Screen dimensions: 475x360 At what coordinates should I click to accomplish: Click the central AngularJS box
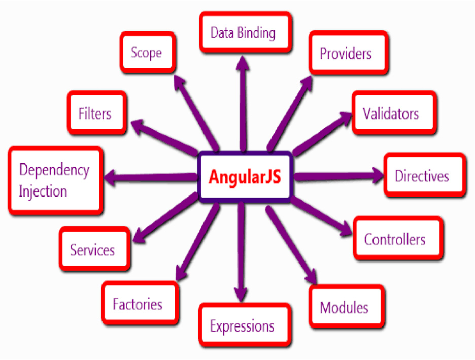pyautogui.click(x=245, y=177)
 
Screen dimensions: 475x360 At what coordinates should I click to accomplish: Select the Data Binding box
pyautogui.click(x=246, y=32)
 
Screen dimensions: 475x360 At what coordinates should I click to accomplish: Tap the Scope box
pyautogui.click(x=148, y=52)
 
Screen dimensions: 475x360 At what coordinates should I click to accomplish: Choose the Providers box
pyautogui.click(x=348, y=53)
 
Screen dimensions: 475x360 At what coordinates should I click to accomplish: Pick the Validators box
pyautogui.click(x=394, y=112)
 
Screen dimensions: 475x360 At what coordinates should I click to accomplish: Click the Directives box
pyautogui.click(x=425, y=175)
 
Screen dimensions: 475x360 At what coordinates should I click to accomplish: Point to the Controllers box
pyautogui.click(x=398, y=238)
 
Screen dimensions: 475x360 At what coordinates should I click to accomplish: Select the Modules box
pyautogui.click(x=347, y=306)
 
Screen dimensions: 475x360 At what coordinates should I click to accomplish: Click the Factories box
pyautogui.click(x=140, y=303)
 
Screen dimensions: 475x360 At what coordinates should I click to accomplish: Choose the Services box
pyautogui.click(x=95, y=249)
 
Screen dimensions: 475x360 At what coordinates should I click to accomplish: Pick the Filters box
pyautogui.click(x=97, y=112)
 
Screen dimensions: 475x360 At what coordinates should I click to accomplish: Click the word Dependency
pyautogui.click(x=54, y=170)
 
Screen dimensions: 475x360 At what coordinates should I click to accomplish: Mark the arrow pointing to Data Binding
pyautogui.click(x=243, y=104)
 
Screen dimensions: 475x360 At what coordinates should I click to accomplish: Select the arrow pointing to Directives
pyautogui.click(x=338, y=175)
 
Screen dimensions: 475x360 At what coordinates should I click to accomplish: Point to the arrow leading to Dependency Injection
pyautogui.click(x=151, y=177)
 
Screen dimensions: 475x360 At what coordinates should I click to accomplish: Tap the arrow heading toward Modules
pyautogui.click(x=291, y=245)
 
